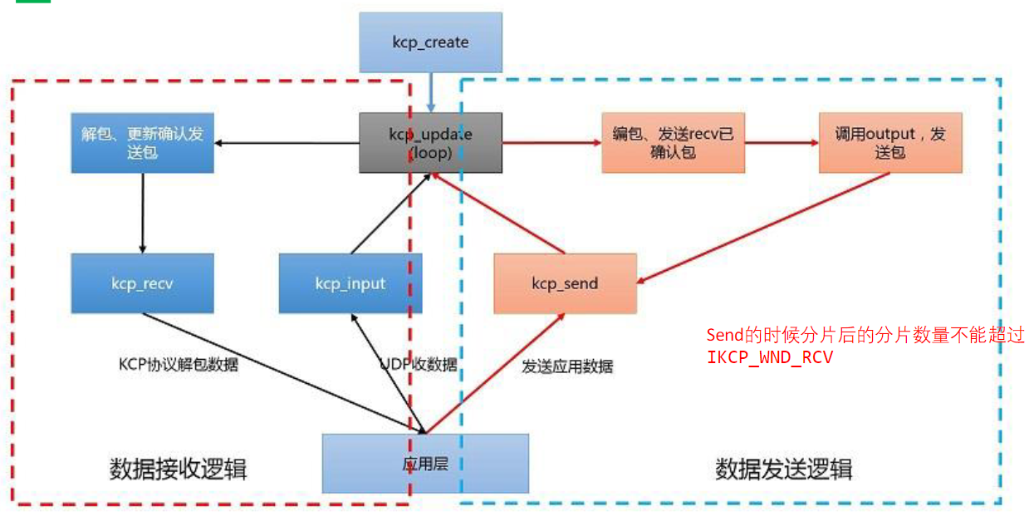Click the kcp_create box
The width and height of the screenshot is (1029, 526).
(430, 42)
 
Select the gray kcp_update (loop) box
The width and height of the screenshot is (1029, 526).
(430, 143)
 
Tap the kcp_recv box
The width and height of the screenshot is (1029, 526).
(142, 283)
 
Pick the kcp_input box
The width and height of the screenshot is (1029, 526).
(350, 283)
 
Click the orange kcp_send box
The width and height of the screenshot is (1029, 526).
(565, 283)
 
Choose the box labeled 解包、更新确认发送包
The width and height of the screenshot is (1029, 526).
(142, 143)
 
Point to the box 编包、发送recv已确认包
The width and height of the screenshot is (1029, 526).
(673, 143)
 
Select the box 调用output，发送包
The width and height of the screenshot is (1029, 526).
(889, 143)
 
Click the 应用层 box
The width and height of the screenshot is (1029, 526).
(425, 464)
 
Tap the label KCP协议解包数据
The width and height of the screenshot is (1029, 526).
(178, 364)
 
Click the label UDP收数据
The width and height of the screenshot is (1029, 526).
(418, 364)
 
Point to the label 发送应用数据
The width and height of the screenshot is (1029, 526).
(567, 366)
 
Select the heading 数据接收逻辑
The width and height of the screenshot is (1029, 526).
(178, 469)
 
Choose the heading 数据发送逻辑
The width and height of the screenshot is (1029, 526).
(783, 469)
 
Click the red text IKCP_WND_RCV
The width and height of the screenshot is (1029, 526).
(769, 357)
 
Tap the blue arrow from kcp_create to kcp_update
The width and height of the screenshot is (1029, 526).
(430, 92)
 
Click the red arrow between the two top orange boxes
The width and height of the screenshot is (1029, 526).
(782, 143)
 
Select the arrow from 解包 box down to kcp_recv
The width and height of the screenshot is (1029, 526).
(142, 213)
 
